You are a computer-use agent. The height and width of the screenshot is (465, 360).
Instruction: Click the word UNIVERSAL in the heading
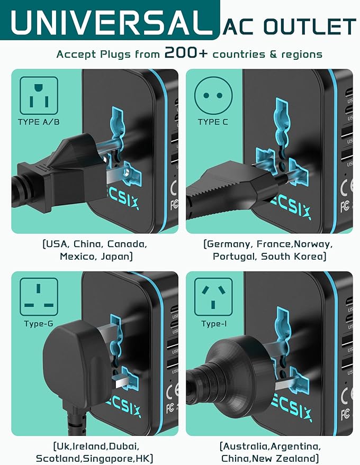pyautogui.click(x=109, y=23)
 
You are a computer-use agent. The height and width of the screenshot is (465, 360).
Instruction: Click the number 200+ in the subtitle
pyautogui.click(x=189, y=53)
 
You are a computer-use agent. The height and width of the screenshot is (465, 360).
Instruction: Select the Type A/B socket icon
pyautogui.click(x=39, y=95)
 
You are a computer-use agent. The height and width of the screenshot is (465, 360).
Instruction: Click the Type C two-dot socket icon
pyautogui.click(x=213, y=95)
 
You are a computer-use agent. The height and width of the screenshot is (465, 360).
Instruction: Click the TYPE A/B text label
pyautogui.click(x=39, y=122)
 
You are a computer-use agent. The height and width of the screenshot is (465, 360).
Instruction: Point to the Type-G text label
pyautogui.click(x=39, y=324)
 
